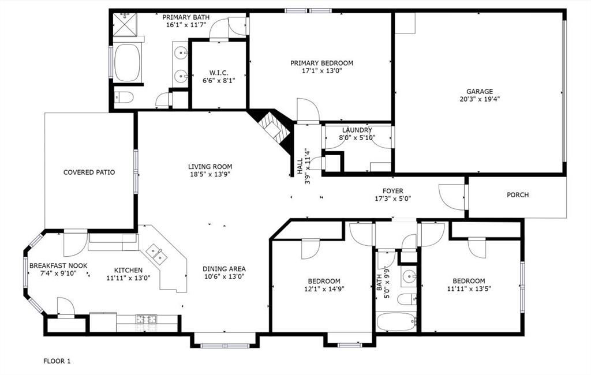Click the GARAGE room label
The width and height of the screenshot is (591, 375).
point(480,91)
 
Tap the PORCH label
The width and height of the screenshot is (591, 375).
point(518,195)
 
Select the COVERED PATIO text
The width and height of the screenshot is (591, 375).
point(89,172)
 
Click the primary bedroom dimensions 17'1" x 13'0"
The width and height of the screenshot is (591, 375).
point(321,72)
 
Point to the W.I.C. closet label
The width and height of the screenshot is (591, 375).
point(219,73)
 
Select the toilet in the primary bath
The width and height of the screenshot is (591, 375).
point(124,96)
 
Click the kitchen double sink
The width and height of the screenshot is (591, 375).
point(155,252)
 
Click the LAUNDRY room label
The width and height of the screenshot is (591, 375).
point(357,130)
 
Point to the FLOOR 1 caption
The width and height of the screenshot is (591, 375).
point(57,361)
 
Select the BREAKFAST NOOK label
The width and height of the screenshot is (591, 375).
point(58,265)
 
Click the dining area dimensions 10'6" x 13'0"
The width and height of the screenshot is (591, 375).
point(224,276)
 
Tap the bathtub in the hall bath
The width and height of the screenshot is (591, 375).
point(396,322)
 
